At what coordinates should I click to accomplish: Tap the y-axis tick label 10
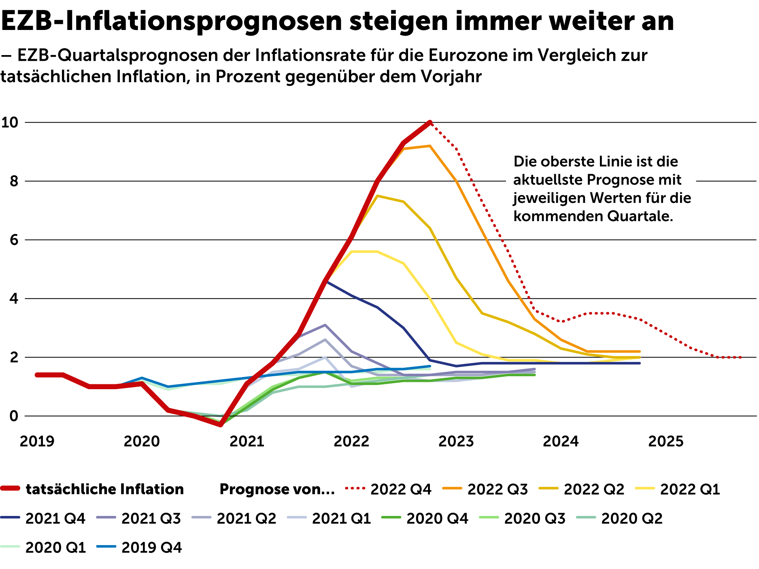(10, 122)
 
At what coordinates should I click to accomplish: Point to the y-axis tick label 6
(15, 240)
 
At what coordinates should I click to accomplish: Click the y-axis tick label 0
(15, 416)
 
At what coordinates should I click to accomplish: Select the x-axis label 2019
(37, 441)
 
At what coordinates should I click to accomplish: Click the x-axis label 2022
(351, 441)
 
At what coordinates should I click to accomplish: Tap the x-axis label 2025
(666, 441)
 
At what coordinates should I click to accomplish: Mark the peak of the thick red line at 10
(430, 122)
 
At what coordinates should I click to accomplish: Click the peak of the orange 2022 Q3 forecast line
(429, 146)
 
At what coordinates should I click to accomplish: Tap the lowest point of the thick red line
(221, 425)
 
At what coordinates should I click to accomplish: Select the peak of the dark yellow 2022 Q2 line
(377, 196)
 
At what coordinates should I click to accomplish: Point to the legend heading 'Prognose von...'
(277, 489)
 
